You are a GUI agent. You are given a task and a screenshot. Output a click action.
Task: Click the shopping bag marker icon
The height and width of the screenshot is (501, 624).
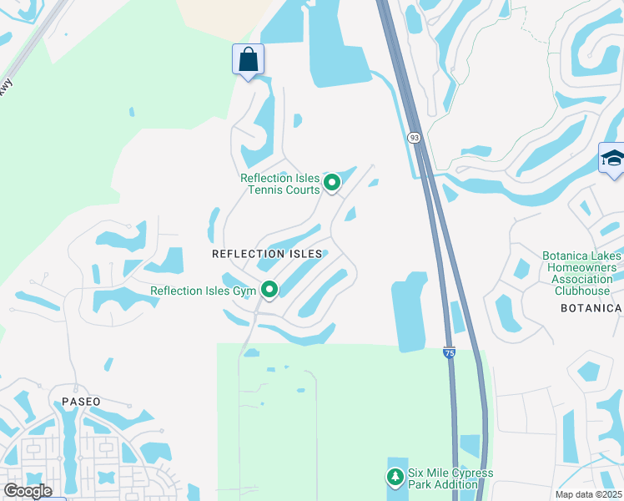point(248,60)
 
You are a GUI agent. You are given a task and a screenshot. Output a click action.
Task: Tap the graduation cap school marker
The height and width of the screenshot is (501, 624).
point(612,159)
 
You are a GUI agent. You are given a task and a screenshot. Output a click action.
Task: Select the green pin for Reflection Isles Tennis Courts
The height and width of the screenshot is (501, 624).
point(332,182)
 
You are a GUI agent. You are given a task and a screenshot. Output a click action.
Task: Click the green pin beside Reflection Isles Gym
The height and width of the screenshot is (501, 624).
point(269,290)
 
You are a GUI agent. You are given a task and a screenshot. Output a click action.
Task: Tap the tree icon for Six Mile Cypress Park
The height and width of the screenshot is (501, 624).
point(394,477)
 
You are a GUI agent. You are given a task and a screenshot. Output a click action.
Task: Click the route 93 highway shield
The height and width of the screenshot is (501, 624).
point(414,137)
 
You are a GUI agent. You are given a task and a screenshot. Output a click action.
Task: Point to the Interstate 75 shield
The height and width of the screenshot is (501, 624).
point(449,354)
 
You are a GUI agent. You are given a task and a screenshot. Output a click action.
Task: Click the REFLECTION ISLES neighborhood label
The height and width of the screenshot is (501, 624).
point(267,253)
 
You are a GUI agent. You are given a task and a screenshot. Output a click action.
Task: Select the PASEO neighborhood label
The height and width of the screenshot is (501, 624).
point(81,402)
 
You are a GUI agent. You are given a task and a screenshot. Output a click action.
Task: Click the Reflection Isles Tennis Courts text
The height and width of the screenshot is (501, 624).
point(279,183)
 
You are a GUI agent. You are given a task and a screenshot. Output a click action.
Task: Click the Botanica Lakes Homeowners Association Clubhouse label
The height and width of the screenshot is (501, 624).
point(581,273)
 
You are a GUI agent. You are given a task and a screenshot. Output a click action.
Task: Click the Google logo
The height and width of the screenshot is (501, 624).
point(28,491)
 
